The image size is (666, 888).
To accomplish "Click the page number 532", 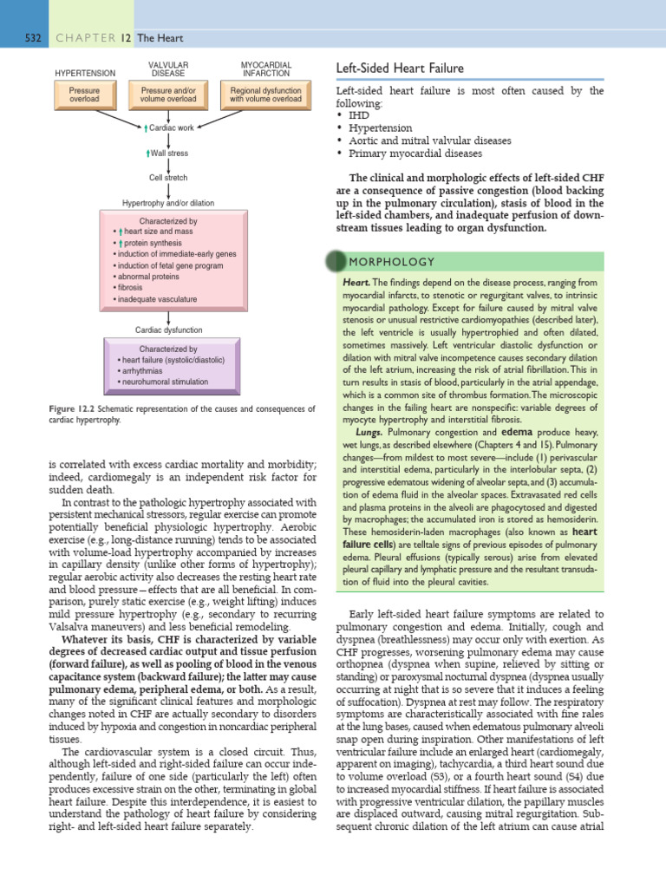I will click(x=33, y=38).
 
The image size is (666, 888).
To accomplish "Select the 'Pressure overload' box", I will click(x=84, y=95).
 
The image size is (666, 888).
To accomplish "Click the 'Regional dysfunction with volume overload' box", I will click(x=265, y=95).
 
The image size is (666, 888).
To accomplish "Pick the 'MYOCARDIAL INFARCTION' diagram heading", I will click(x=265, y=69).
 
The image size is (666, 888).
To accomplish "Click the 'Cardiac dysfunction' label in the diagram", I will click(x=168, y=330).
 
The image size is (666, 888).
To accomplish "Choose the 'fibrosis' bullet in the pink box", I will click(x=132, y=287).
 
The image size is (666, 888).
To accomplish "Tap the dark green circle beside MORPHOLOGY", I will click(x=334, y=262).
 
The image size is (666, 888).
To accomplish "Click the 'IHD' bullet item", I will click(x=357, y=114).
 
